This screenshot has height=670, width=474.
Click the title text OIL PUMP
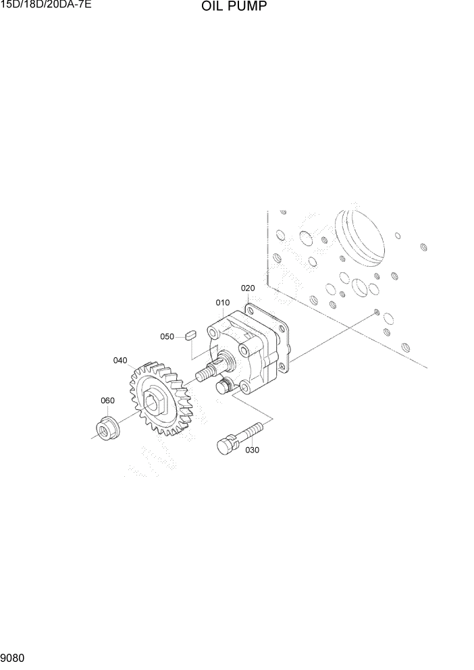[x=233, y=7]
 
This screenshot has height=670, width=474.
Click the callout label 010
[x=222, y=303]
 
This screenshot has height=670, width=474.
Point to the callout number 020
[x=248, y=288]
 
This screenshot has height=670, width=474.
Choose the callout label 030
[x=252, y=450]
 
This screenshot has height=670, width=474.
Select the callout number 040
[x=120, y=360]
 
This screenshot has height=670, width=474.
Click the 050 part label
[x=167, y=336]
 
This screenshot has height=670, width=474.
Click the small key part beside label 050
[x=190, y=333]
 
